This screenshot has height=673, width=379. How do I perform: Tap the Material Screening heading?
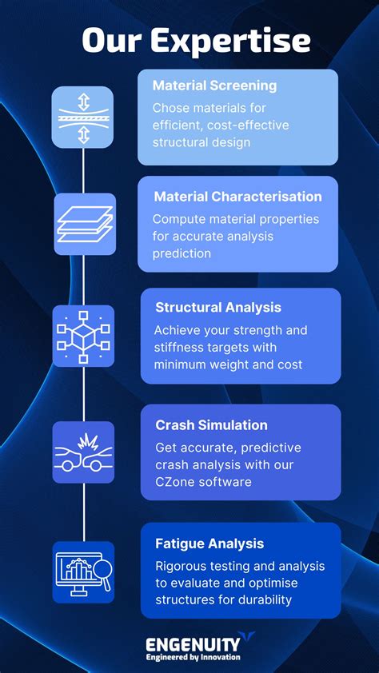(x=214, y=86)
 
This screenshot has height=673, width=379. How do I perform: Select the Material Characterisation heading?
(x=237, y=197)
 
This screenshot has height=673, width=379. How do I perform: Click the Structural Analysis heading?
(x=218, y=308)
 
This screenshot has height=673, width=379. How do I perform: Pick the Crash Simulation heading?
(x=211, y=425)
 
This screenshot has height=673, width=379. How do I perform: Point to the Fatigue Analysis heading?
(x=209, y=544)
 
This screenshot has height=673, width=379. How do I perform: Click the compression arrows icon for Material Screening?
(x=83, y=117)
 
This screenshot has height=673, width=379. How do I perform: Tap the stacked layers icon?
(x=84, y=225)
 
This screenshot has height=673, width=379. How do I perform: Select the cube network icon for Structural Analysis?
(x=83, y=336)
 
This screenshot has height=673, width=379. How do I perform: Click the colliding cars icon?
(x=83, y=452)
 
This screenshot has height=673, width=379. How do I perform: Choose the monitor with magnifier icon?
(x=83, y=572)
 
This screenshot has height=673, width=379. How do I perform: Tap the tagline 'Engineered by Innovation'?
(x=193, y=657)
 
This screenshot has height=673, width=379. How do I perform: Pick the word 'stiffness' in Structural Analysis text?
(x=182, y=348)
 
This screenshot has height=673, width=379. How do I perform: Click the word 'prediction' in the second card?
(x=183, y=253)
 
